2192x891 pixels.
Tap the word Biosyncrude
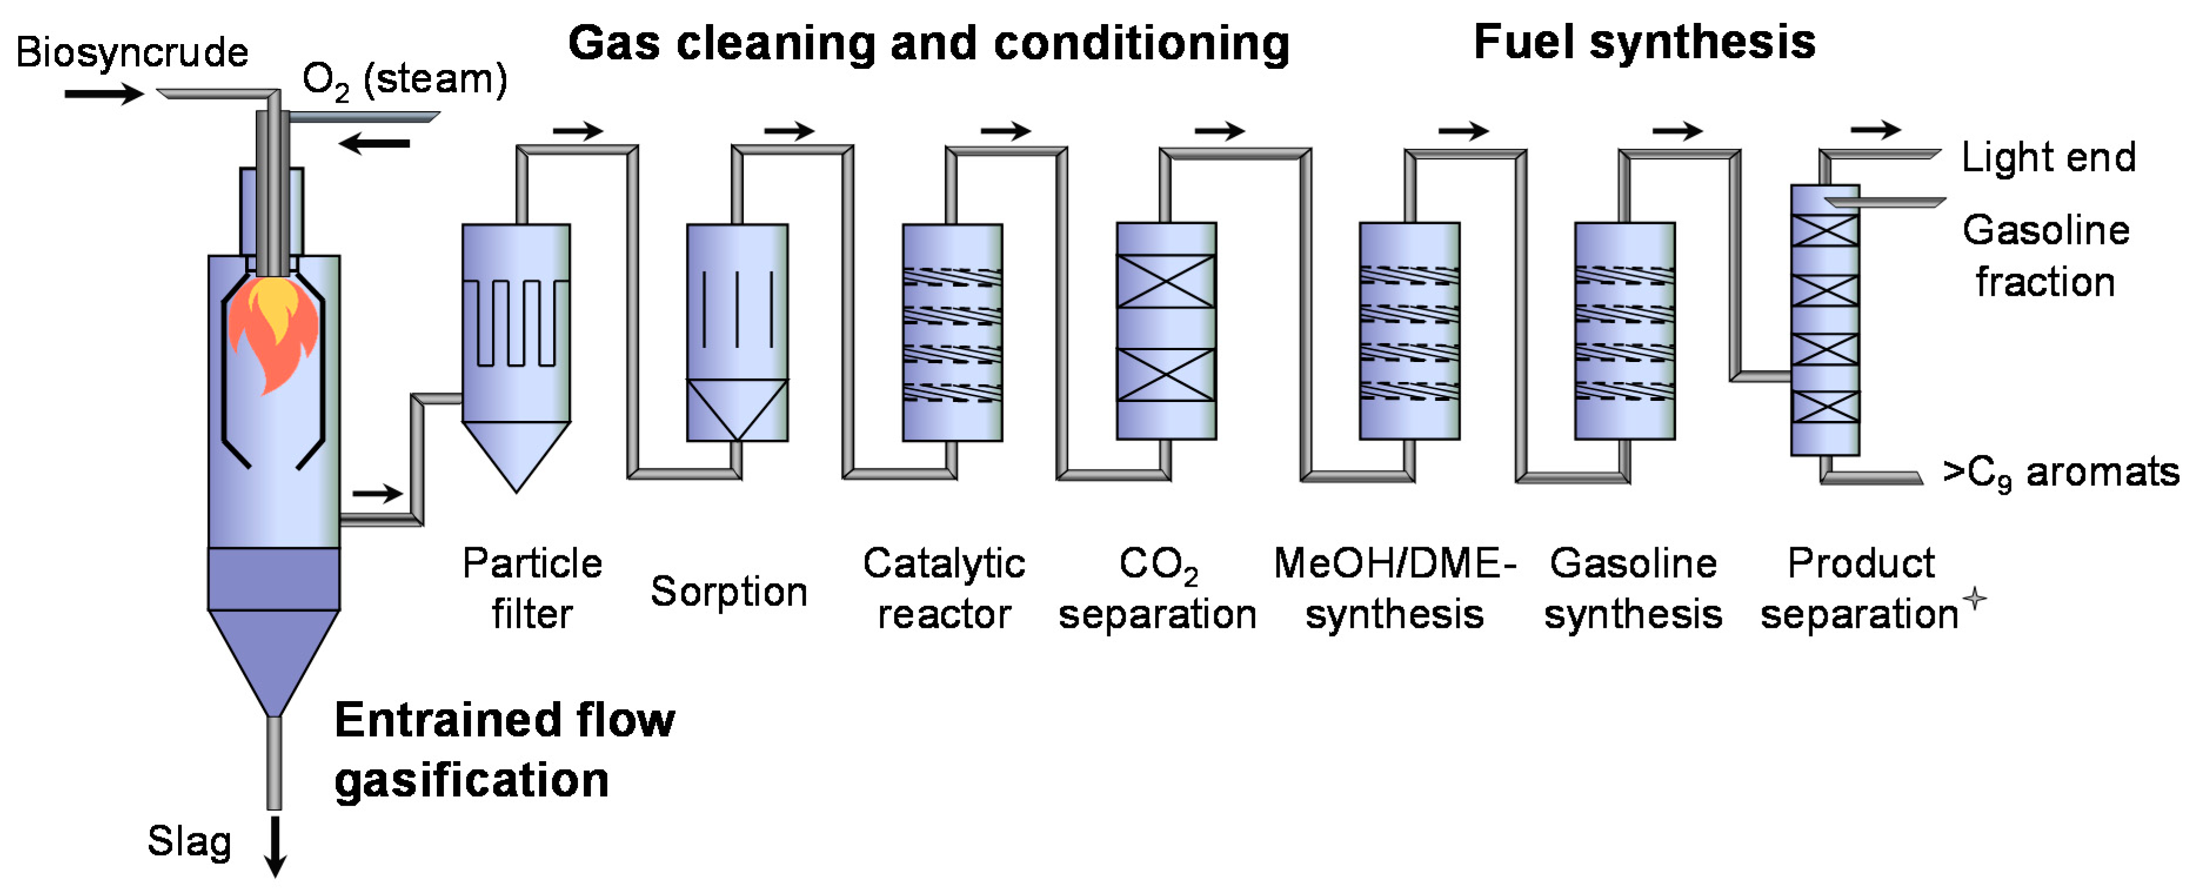132,53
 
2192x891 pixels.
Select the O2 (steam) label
404,80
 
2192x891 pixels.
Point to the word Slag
189,842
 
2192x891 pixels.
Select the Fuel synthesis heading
1644,42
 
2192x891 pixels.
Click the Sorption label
728,591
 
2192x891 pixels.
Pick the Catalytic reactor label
943,588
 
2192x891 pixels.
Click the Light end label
2048,158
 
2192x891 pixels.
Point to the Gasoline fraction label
2046,255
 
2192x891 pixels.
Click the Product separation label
1860,588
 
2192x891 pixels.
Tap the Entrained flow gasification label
504,749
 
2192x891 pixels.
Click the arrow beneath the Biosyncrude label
104,93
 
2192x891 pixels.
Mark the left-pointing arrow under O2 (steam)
374,143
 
